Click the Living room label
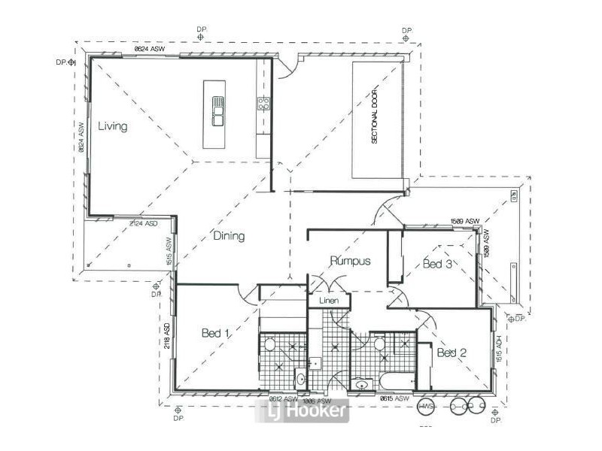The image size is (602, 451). coord(113,126)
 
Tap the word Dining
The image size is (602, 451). coord(228,236)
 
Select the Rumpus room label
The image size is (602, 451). coord(350,262)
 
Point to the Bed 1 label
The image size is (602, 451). coord(216,331)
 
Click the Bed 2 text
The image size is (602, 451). coord(452,353)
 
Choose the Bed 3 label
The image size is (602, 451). coord(437,264)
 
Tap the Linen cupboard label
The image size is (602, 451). coord(330,301)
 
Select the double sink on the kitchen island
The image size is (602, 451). coord(217,114)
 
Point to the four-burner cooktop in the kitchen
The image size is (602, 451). coord(264,104)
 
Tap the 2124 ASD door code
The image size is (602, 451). coord(142,224)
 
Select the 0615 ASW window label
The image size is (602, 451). coord(394,398)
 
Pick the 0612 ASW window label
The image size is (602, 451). coord(284,398)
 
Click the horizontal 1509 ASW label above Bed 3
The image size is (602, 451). coord(464,221)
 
